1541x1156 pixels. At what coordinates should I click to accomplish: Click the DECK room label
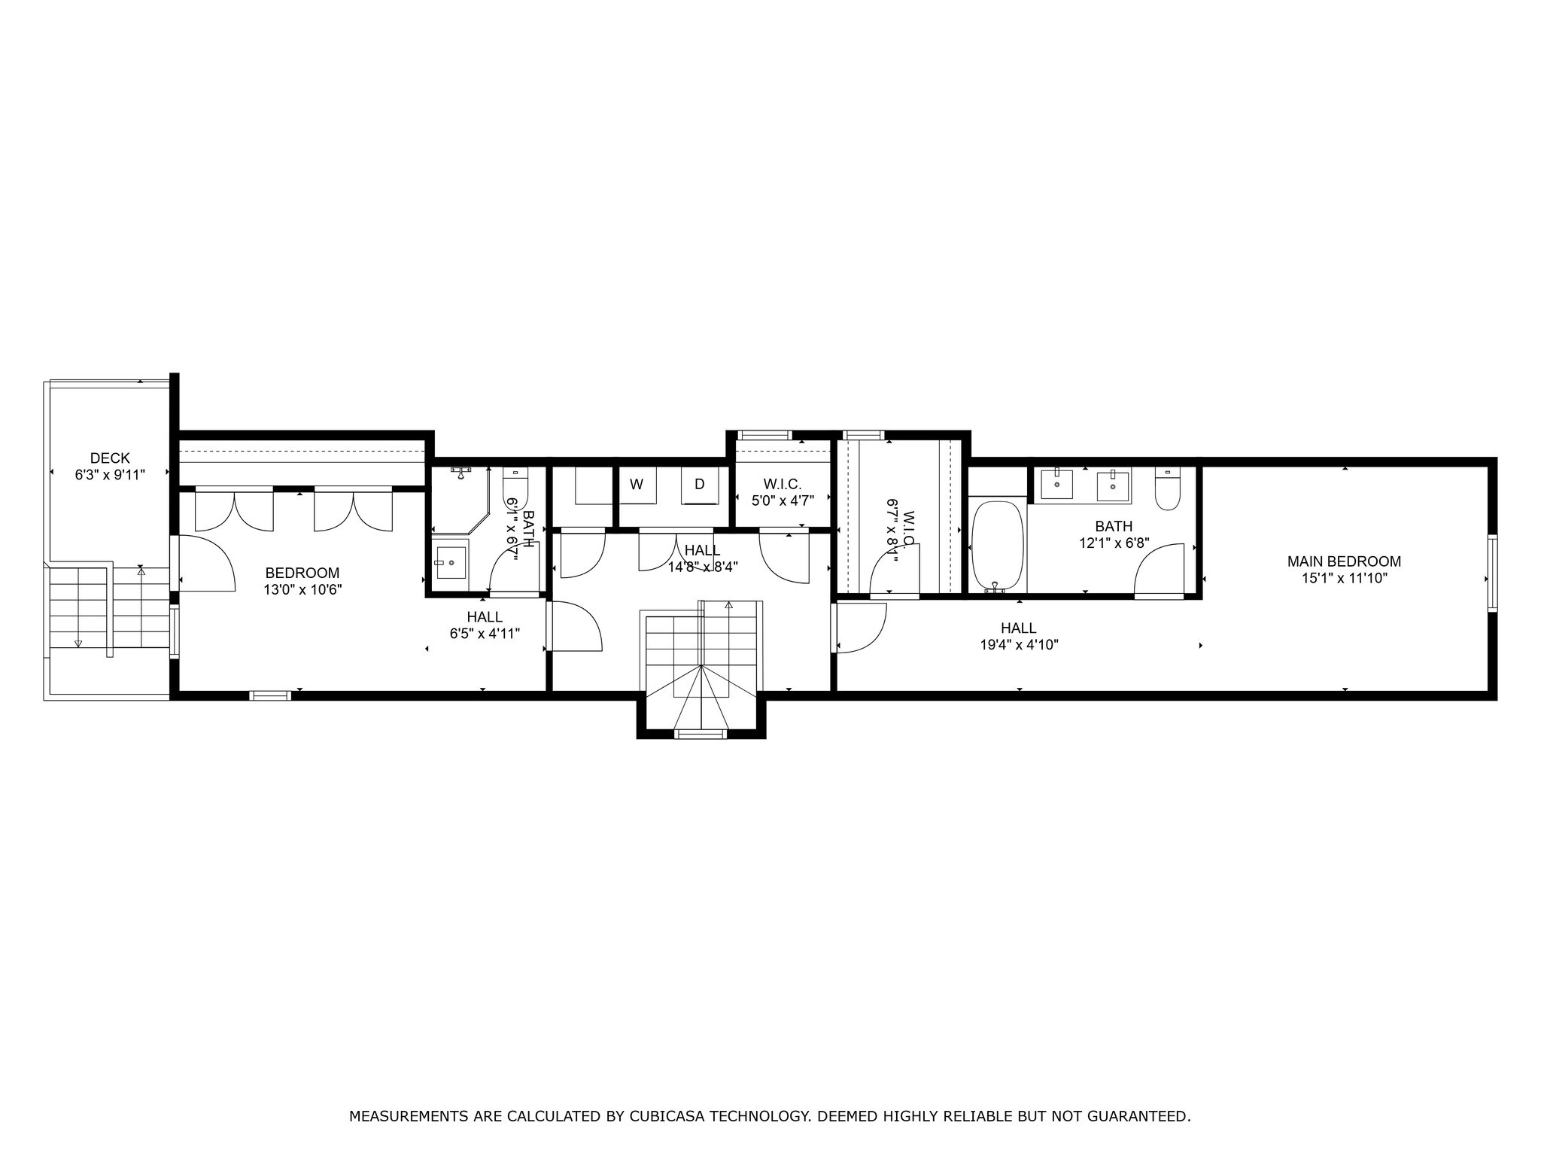pyautogui.click(x=110, y=458)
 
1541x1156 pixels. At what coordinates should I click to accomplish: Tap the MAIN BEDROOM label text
pyautogui.click(x=1344, y=561)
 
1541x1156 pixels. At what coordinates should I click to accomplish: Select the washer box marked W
pyautogui.click(x=637, y=485)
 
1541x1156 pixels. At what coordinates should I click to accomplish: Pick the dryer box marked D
pyautogui.click(x=700, y=485)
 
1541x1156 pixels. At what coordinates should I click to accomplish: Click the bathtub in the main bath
pyautogui.click(x=997, y=546)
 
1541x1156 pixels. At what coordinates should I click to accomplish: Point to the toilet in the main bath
pyautogui.click(x=1167, y=489)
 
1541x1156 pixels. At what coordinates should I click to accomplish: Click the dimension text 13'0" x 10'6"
pyautogui.click(x=302, y=590)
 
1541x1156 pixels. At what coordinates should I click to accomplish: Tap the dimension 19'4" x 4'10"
pyautogui.click(x=1019, y=645)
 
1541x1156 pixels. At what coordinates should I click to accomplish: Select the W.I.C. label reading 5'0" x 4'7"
pyautogui.click(x=783, y=499)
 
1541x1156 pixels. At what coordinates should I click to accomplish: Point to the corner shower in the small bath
pyautogui.click(x=460, y=497)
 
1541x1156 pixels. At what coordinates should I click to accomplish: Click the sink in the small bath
pyautogui.click(x=451, y=561)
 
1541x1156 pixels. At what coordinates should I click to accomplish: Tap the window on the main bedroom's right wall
pyautogui.click(x=1492, y=573)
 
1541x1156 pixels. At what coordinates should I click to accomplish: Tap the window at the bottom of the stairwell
pyautogui.click(x=701, y=734)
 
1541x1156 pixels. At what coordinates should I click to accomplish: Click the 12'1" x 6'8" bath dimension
pyautogui.click(x=1114, y=543)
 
